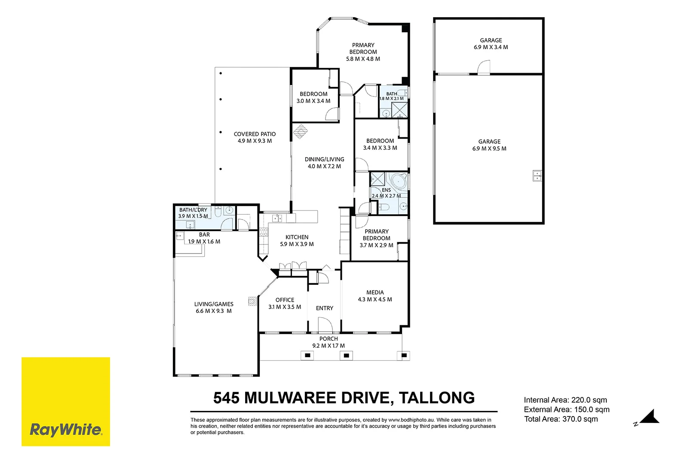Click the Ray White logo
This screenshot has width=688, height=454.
tap(66, 401)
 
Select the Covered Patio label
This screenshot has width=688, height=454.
tap(255, 134)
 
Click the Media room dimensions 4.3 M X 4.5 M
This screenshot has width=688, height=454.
tap(375, 300)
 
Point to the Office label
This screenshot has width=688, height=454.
tap(285, 300)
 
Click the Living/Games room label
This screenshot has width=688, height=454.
tap(214, 304)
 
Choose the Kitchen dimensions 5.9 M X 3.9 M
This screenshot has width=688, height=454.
tap(297, 244)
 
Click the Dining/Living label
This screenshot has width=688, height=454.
tap(324, 159)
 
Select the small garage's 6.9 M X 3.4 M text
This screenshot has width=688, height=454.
tap(491, 47)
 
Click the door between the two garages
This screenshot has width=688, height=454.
tap(484, 68)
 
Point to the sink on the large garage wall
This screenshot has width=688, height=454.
tap(537, 176)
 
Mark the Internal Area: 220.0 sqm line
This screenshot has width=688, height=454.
tap(565, 400)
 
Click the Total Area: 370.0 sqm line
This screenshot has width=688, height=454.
tap(561, 419)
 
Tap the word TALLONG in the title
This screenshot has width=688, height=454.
tap(437, 398)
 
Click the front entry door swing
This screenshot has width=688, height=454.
tap(326, 325)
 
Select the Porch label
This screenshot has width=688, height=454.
tap(329, 339)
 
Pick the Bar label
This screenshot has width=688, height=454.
tap(204, 235)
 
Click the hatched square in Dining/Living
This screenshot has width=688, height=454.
tap(301, 132)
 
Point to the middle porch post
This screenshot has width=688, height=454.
tap(346, 355)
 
